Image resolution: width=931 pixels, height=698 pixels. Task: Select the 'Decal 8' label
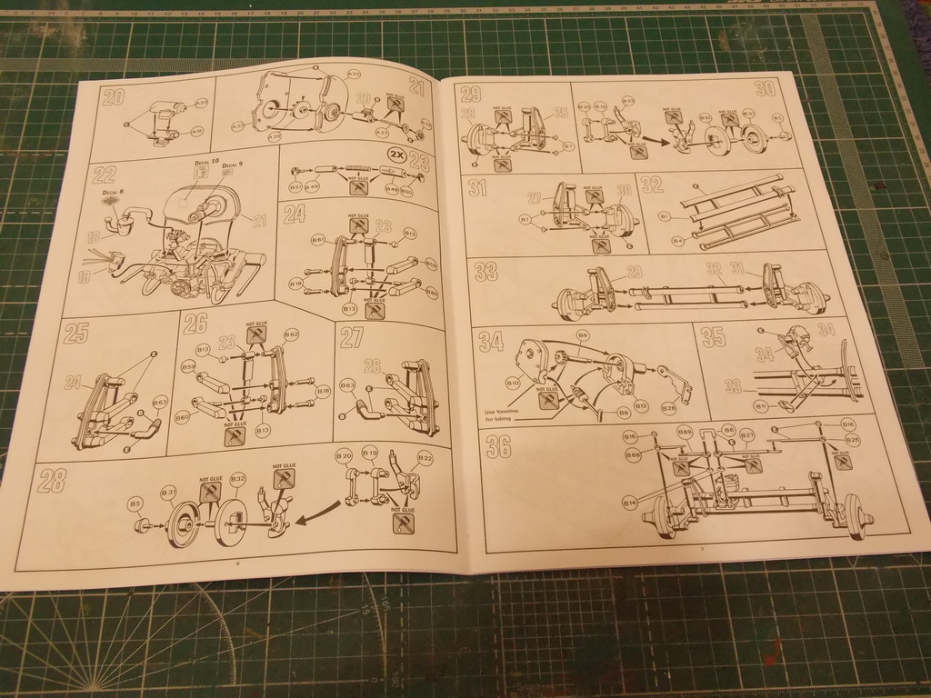tap(107, 194)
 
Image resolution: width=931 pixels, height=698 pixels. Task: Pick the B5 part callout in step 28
tap(135, 503)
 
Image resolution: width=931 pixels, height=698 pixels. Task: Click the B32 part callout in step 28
tap(238, 479)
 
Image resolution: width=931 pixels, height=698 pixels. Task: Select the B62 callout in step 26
tap(292, 334)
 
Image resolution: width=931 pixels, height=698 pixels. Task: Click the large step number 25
tap(75, 334)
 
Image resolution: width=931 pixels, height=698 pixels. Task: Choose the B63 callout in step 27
tap(347, 386)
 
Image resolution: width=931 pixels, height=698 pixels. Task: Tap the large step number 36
tap(498, 446)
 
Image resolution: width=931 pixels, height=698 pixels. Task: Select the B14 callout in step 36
tap(629, 503)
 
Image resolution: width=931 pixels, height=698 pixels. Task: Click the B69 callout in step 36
tap(685, 431)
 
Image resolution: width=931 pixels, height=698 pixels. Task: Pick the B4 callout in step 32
tap(677, 241)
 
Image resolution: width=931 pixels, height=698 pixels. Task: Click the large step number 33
tap(486, 272)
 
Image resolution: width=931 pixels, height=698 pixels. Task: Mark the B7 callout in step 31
tap(526, 219)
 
